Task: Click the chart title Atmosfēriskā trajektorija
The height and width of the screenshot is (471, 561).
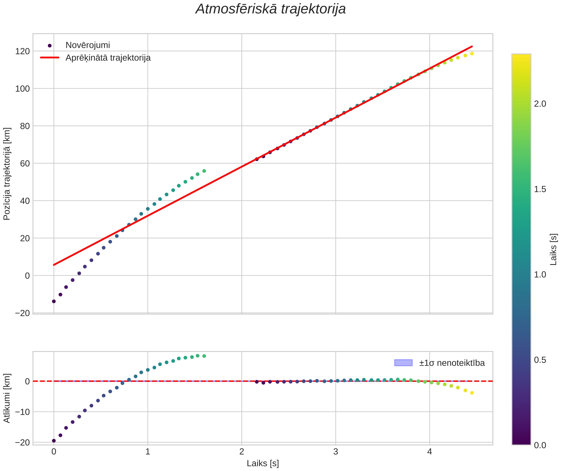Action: pos(271,9)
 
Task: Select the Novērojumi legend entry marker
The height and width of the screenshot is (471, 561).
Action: pos(49,46)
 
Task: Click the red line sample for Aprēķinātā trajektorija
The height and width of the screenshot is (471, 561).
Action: pos(49,58)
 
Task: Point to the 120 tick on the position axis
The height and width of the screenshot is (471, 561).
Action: pos(22,51)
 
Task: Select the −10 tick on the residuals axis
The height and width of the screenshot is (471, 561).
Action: pos(22,412)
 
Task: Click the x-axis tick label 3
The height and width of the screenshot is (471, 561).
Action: pos(336,452)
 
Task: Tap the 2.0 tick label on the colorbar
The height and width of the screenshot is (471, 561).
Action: pos(540,104)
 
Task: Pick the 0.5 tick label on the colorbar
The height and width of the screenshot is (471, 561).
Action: pos(540,360)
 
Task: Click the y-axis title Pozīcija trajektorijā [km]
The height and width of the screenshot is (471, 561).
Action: pos(7,174)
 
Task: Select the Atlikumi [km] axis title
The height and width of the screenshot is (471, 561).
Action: pos(7,398)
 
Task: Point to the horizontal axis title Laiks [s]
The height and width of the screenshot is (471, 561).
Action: pos(263,463)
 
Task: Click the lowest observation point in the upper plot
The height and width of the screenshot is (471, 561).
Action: pos(54,301)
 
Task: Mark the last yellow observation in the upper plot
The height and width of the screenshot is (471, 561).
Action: pos(472,54)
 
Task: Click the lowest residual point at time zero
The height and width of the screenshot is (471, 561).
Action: pos(54,441)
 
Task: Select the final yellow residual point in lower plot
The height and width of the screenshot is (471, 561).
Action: pos(472,393)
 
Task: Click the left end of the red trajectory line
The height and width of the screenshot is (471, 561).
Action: pos(54,265)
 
